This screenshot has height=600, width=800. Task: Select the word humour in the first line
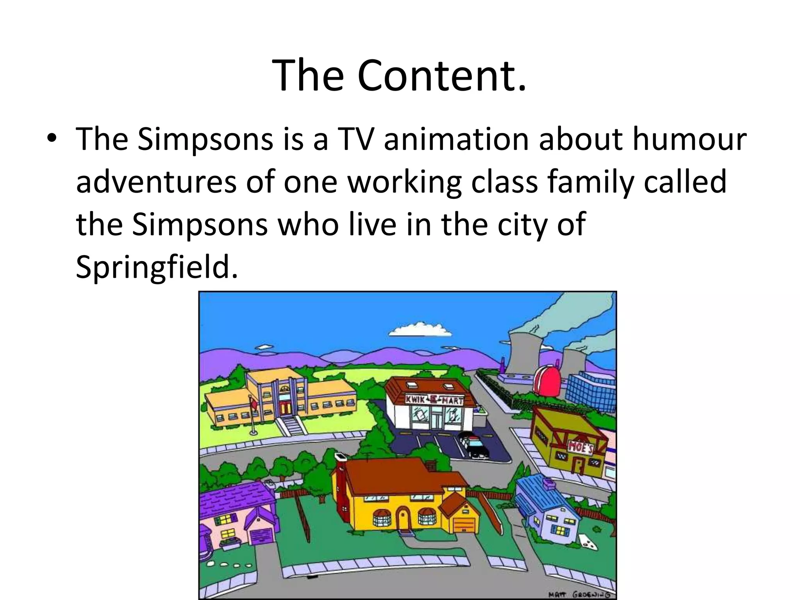[689, 139]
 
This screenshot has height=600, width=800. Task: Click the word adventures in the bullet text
[156, 182]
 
